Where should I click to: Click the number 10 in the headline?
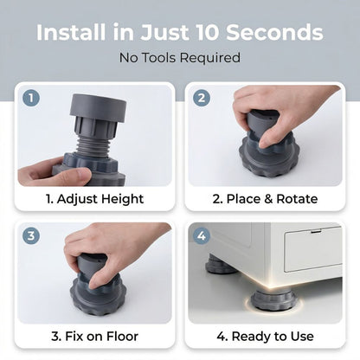pos(207,32)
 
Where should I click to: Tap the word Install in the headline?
pos(71,32)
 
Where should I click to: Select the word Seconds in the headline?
pos(274,32)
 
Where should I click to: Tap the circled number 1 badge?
pos(31,98)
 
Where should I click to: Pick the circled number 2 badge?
pos(202,98)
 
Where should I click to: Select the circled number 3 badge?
pos(31,235)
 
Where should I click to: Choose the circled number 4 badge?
pos(202,235)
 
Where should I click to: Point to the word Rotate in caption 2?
pos(297,199)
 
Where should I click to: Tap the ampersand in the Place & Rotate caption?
pos(268,199)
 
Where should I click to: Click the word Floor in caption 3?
pos(122,337)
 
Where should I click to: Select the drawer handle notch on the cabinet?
pos(316,231)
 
